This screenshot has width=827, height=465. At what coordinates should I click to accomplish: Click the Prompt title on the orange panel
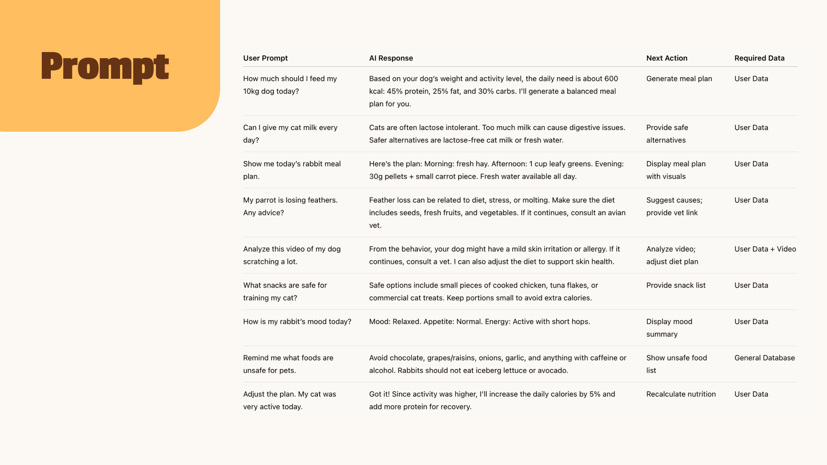click(105, 67)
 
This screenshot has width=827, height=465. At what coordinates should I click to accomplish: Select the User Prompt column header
click(265, 58)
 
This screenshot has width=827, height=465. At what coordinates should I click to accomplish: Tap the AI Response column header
click(391, 58)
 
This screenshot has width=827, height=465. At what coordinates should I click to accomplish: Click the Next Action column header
click(666, 58)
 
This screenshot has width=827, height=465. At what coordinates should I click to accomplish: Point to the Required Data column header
click(759, 58)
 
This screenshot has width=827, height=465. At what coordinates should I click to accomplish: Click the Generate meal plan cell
click(679, 79)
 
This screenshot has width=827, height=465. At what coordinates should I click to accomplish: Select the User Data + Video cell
click(765, 249)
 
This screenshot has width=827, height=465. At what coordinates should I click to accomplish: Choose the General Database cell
click(764, 358)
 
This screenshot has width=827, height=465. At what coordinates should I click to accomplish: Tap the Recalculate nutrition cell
click(681, 394)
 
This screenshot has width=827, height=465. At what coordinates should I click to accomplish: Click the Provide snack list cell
click(675, 285)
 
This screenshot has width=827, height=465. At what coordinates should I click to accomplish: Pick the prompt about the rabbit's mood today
click(297, 322)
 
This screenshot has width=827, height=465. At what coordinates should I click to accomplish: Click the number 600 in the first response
click(611, 79)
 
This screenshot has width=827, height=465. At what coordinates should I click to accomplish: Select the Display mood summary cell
click(669, 328)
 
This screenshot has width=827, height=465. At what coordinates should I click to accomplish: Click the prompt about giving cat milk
click(290, 134)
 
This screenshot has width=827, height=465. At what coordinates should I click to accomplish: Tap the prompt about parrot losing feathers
click(290, 206)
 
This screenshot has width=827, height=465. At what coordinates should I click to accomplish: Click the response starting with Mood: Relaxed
click(479, 322)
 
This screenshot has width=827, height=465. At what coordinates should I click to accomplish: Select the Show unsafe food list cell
click(676, 364)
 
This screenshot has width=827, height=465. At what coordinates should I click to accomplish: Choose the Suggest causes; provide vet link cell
click(674, 206)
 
